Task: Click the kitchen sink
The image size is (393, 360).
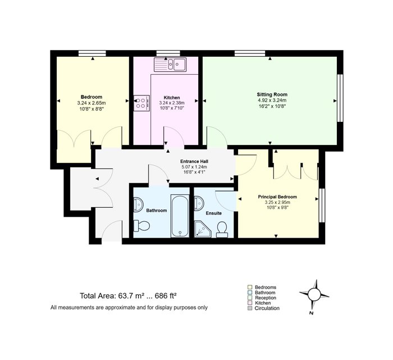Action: [x=170, y=65]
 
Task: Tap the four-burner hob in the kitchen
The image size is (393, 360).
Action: [x=141, y=103]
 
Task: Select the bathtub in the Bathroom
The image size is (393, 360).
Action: [x=180, y=216]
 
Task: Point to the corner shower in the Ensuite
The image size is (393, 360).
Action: [x=203, y=229]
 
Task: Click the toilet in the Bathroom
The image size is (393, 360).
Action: [x=141, y=226]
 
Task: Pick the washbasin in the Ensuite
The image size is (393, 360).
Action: [x=199, y=203]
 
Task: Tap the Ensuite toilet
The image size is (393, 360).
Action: [x=222, y=230]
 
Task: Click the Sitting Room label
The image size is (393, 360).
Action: [x=272, y=94]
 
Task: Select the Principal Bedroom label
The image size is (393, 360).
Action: [x=277, y=197]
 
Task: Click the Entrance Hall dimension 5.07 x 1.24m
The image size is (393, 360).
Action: [x=194, y=167]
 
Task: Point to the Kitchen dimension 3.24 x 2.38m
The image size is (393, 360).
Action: [x=172, y=103]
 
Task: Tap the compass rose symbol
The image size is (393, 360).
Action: [x=314, y=294]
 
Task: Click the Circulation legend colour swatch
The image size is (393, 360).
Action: [x=250, y=308]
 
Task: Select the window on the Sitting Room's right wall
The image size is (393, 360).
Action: [x=340, y=98]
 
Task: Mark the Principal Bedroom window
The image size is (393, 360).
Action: [x=322, y=206]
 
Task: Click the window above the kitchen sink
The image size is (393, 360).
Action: [x=168, y=53]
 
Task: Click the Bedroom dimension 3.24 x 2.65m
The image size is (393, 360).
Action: [x=92, y=103]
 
